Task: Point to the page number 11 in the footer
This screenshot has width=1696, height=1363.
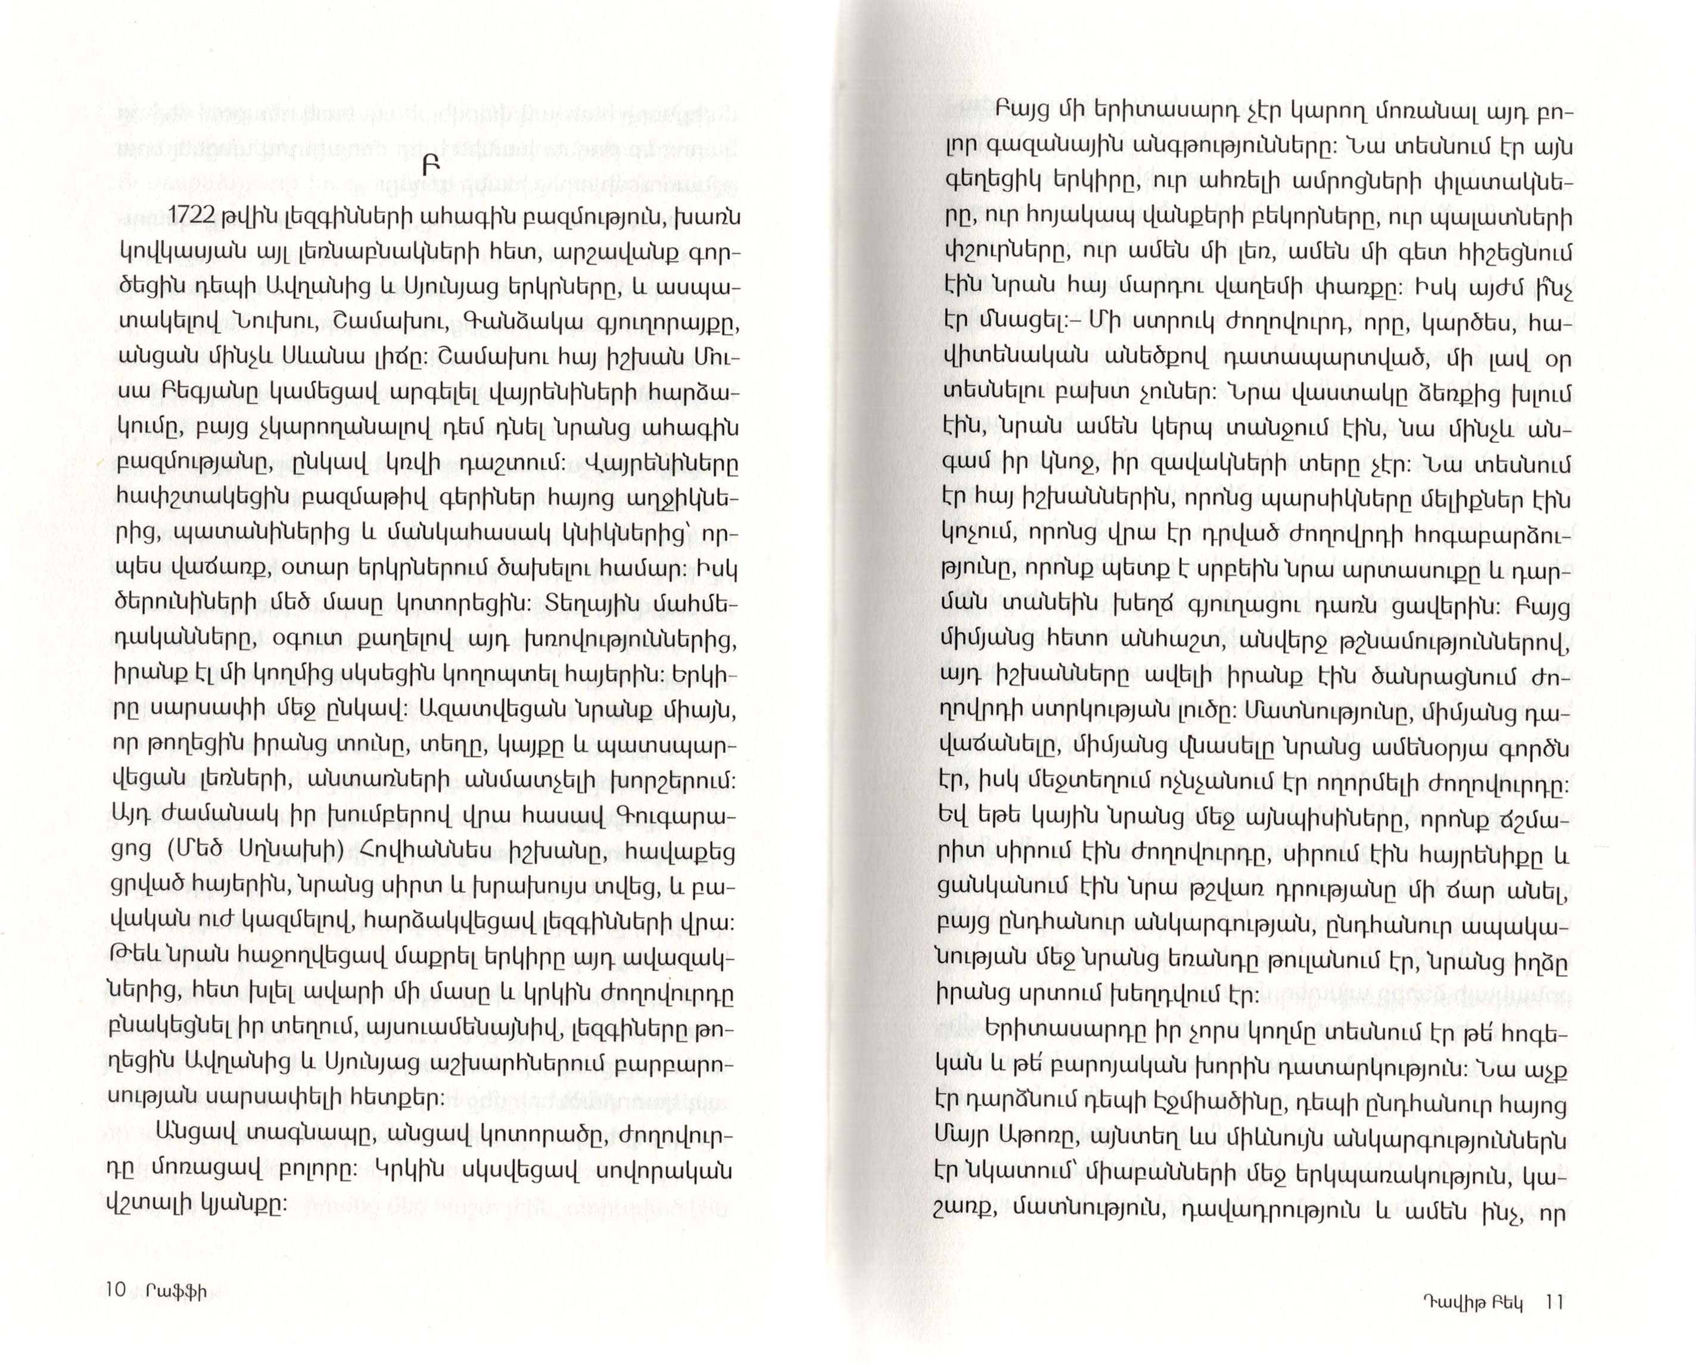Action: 1554,1302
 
